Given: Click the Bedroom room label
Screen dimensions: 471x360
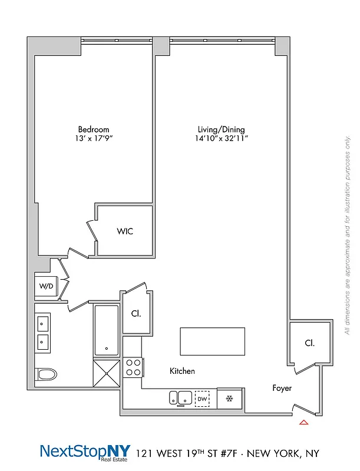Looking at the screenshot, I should point(93,130).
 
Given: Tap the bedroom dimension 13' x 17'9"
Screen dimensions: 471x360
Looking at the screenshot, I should point(93,139).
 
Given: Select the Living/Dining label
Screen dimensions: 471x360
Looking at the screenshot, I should point(221,130).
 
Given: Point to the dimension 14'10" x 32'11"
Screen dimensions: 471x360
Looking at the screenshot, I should point(221,139).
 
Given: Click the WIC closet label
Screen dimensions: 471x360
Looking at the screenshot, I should point(125,231).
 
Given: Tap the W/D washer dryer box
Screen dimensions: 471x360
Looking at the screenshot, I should point(46,287).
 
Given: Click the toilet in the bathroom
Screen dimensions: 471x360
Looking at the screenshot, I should point(45,374).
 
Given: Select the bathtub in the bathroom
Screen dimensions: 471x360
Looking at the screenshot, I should point(107,331).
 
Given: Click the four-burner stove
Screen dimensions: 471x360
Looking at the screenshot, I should point(133,367).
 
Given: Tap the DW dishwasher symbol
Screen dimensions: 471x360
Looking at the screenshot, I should point(202,399).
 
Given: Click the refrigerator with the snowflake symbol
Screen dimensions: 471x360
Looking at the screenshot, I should point(229,399).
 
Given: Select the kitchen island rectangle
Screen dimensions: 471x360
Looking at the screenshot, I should point(212,341).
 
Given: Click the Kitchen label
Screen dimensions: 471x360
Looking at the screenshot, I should point(182,372).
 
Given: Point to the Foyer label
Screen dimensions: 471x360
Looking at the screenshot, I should point(282,389).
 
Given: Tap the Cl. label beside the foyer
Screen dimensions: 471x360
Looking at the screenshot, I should point(309,343).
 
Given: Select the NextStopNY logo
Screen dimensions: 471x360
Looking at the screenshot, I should point(85,452).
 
